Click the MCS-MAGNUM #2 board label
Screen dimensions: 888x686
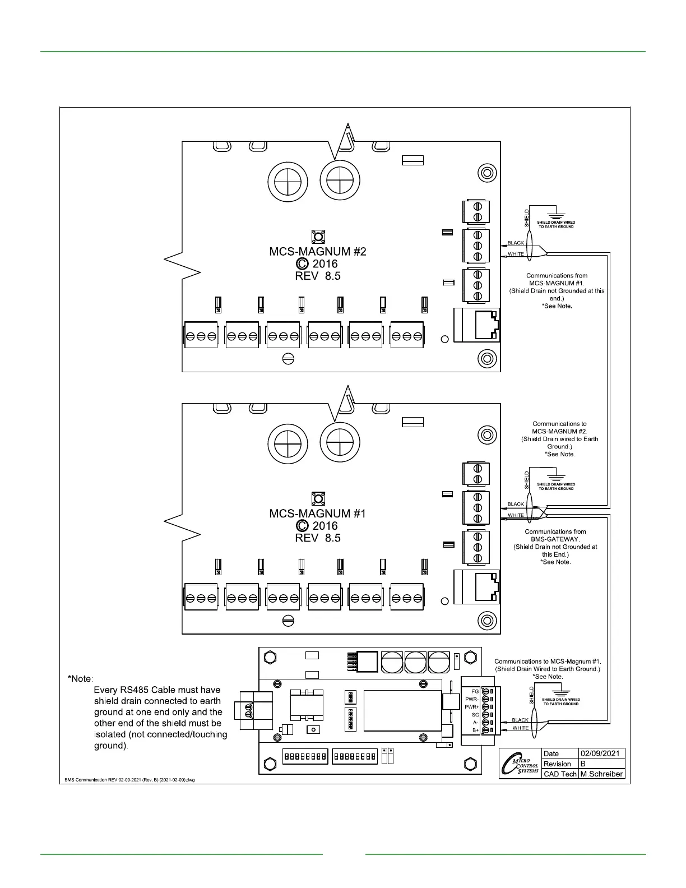tap(318, 252)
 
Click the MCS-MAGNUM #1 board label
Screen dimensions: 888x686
tap(318, 514)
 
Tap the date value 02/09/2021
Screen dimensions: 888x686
tap(600, 753)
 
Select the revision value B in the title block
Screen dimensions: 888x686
tap(583, 764)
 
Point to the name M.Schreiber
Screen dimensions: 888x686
tap(601, 774)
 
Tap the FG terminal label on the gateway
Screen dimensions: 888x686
tap(475, 692)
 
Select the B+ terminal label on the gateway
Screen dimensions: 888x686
tap(475, 730)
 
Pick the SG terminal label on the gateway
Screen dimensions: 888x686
tap(475, 715)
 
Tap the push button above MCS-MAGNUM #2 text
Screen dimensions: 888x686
tap(318, 236)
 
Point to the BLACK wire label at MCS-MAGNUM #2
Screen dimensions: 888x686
tap(516, 243)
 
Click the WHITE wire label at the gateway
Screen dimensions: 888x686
tap(521, 728)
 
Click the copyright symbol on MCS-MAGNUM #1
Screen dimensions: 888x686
tap(302, 526)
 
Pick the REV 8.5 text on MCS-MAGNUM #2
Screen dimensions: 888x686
tap(318, 276)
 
